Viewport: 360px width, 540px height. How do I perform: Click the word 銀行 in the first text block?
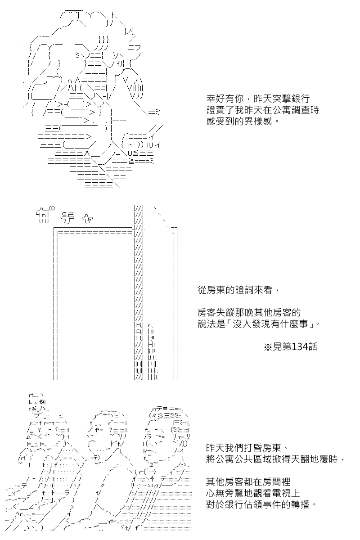pyautogui.click(x=301, y=99)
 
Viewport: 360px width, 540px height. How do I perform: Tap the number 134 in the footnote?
pyautogui.click(x=300, y=346)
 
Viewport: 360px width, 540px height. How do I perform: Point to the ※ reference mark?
pyautogui.click(x=268, y=347)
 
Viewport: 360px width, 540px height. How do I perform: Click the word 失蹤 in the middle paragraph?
pyautogui.click(x=225, y=313)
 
